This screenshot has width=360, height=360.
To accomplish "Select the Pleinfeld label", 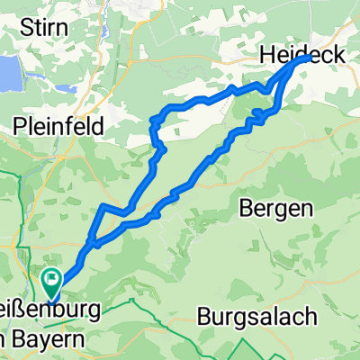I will click(x=58, y=125).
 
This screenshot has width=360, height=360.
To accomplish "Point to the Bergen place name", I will click(x=276, y=209).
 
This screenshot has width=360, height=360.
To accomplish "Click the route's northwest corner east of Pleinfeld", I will click(x=163, y=112).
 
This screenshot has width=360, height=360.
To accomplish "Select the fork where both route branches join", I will click(x=91, y=243).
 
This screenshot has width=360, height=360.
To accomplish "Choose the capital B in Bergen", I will click(x=247, y=209).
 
